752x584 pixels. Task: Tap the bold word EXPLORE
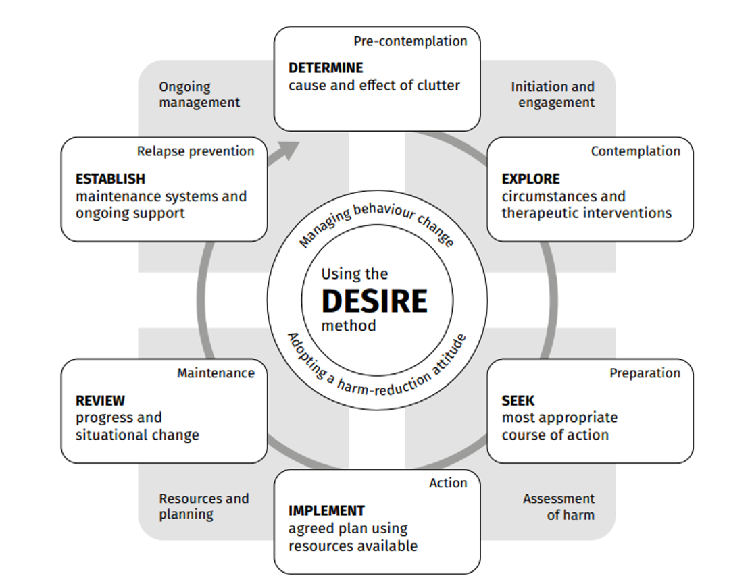[x=530, y=179]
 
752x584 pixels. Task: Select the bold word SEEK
[x=518, y=401]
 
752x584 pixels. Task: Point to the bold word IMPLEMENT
[x=326, y=511]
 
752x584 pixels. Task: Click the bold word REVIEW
[x=100, y=401]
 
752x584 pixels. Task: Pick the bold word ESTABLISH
[x=110, y=179]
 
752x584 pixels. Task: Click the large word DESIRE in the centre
[x=374, y=301]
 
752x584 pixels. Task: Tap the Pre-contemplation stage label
[x=410, y=41]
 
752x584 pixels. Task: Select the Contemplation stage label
[x=635, y=151]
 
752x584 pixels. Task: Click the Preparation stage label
[x=645, y=373]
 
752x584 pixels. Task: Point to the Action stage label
[x=447, y=483]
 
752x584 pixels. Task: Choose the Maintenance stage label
[x=216, y=373]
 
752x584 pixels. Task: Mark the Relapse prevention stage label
[x=195, y=151]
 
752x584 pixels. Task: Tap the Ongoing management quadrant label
[x=199, y=95]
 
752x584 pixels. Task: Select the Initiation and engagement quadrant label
[x=553, y=95]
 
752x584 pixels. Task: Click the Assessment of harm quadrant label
[x=559, y=506]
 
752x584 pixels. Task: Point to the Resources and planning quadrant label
[x=203, y=506]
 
